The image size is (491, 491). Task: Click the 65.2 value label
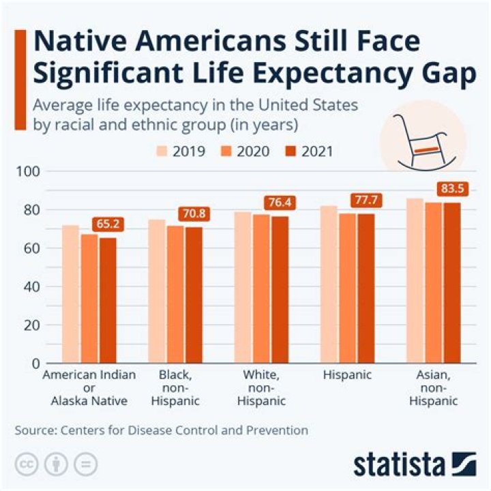[x=108, y=224]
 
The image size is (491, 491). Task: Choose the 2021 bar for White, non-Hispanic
[x=280, y=289]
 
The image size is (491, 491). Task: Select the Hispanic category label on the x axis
[x=348, y=375]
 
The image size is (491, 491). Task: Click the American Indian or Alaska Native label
[x=89, y=387]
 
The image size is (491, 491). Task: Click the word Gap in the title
[x=445, y=74]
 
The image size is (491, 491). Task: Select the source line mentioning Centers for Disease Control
[x=161, y=430]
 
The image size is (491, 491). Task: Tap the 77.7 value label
[x=366, y=200]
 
